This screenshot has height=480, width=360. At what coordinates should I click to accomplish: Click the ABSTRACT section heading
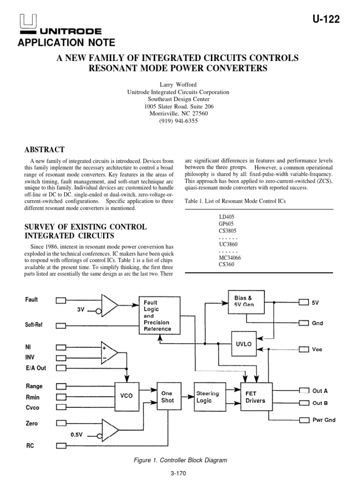pos(44,150)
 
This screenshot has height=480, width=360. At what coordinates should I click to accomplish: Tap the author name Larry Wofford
pos(178,85)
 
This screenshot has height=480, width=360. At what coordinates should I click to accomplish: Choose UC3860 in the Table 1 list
pos(228,245)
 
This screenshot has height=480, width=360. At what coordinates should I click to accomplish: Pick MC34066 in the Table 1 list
pos(230,257)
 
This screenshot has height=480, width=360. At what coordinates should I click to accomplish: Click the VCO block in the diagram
pos(127,396)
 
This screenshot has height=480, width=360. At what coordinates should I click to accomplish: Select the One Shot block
pos(167,397)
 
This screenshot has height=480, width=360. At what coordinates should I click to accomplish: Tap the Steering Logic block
pos(207,397)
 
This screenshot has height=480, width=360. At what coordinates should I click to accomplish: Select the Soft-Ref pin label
pos(34,324)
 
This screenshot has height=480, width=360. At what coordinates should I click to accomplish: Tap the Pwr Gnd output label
pos(323,420)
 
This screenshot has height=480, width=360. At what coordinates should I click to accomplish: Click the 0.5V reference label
pos(76,434)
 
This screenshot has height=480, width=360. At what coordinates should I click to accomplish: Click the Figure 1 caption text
pos(180,460)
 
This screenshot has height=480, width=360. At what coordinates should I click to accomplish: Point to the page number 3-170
pos(180,473)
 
